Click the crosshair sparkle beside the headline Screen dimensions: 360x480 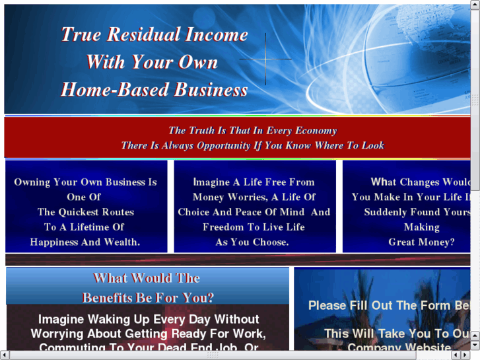click(265, 59)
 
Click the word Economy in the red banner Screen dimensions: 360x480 click(315, 131)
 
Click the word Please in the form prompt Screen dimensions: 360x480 click(327, 306)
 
